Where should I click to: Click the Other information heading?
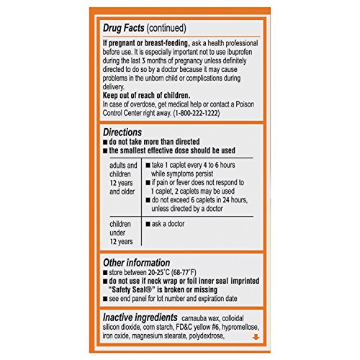(136, 263)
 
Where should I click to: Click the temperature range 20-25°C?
(162, 274)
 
